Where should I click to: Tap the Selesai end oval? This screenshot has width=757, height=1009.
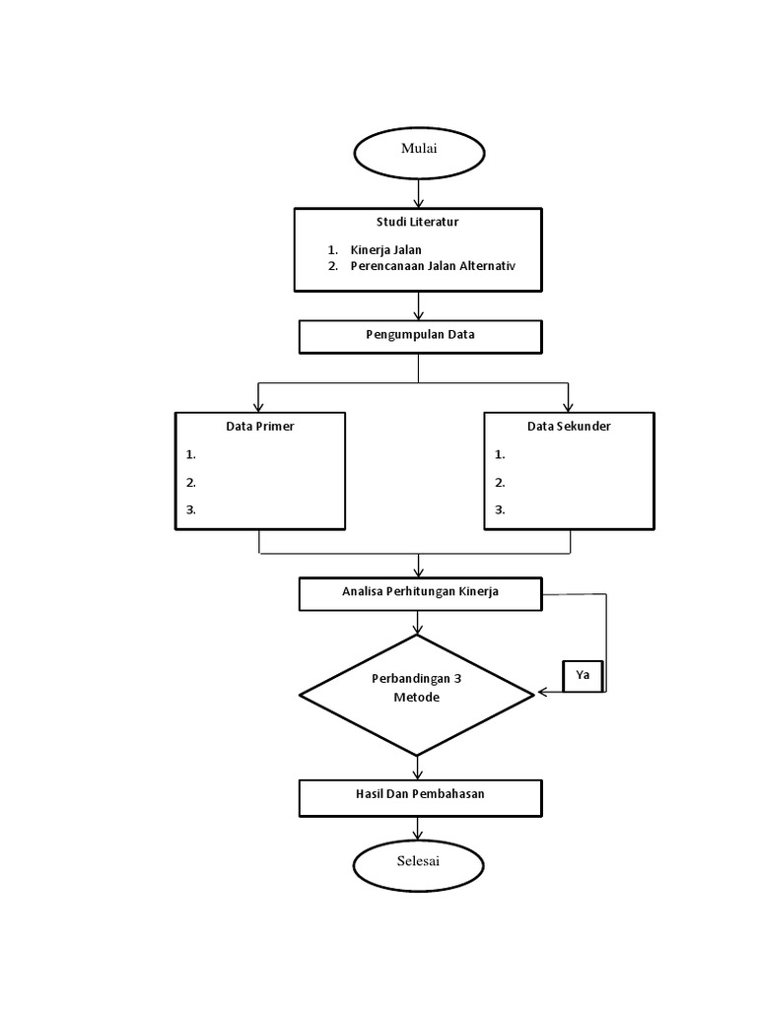[419, 864]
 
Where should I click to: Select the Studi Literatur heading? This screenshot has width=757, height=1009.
[417, 223]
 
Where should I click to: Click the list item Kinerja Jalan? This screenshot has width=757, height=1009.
[385, 250]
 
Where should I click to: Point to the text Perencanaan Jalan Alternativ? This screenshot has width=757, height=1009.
[433, 267]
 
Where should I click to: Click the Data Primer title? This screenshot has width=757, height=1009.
[260, 427]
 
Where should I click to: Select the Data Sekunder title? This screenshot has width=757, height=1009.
[569, 427]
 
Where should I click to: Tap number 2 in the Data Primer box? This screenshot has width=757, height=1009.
[191, 483]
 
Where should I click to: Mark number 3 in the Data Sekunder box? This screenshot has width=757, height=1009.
[500, 510]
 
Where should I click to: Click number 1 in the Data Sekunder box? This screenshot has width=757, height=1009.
[500, 455]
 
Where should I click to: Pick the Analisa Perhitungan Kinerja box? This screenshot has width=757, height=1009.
[420, 593]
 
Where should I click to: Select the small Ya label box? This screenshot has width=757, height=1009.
[583, 677]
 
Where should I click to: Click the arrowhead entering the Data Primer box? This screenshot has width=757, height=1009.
[258, 406]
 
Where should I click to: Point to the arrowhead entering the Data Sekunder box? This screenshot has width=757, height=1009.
[568, 406]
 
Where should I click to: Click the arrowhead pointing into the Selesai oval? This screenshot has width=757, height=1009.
[419, 835]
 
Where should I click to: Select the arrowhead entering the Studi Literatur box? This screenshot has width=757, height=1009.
[419, 202]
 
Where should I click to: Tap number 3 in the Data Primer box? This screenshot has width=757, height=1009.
[191, 510]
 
